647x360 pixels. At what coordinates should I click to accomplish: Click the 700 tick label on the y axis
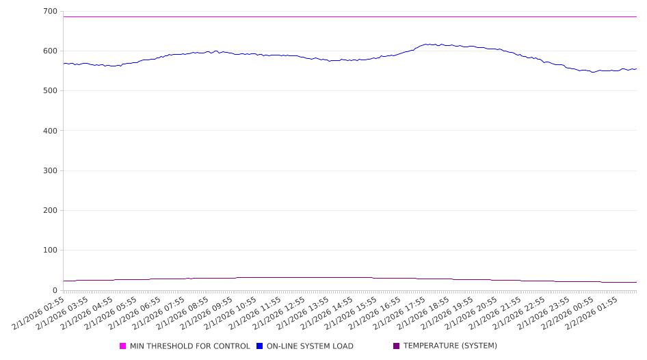pyautogui.click(x=49, y=12)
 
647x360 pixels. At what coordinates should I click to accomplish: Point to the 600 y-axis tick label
pyautogui.click(x=49, y=51)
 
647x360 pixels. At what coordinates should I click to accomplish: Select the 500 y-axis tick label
pyautogui.click(x=49, y=91)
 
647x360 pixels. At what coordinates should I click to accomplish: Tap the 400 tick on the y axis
pyautogui.click(x=49, y=131)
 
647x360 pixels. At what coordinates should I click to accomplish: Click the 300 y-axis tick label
pyautogui.click(x=49, y=171)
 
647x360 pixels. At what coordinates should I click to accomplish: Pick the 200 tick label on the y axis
pyautogui.click(x=49, y=211)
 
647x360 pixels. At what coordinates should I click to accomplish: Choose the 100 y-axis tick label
pyautogui.click(x=49, y=250)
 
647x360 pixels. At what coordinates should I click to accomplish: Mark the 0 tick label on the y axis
pyautogui.click(x=54, y=290)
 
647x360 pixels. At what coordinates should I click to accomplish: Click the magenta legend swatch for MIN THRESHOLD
pyautogui.click(x=123, y=346)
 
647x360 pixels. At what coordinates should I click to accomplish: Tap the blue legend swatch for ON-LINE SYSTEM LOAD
pyautogui.click(x=260, y=346)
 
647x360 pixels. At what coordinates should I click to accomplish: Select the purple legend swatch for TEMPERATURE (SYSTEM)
pyautogui.click(x=397, y=346)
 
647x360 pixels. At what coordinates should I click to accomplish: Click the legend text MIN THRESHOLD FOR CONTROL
pyautogui.click(x=190, y=346)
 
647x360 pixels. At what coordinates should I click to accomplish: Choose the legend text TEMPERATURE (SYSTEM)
pyautogui.click(x=450, y=346)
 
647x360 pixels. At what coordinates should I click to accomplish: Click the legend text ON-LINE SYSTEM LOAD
pyautogui.click(x=310, y=346)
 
